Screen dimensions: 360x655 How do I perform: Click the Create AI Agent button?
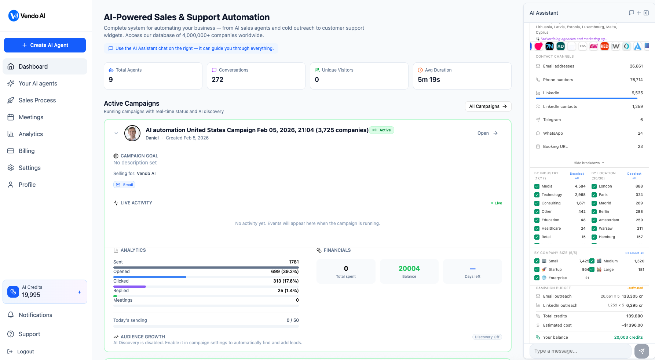(x=45, y=45)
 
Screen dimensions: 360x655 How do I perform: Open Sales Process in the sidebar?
(x=37, y=100)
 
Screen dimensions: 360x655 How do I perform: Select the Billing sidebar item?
(x=26, y=151)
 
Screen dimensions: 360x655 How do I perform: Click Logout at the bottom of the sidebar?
(x=25, y=352)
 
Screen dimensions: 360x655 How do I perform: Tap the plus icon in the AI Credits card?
(x=79, y=292)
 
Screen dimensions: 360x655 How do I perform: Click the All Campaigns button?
(x=488, y=106)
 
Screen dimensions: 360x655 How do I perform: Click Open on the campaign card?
(x=487, y=133)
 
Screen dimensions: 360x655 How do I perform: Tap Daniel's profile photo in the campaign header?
(x=132, y=133)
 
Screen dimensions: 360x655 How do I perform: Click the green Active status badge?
(x=381, y=130)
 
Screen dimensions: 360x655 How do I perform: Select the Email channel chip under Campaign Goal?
(x=124, y=185)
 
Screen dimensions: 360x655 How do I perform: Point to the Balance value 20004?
(x=409, y=269)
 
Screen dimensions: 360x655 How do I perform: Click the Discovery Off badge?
(x=487, y=337)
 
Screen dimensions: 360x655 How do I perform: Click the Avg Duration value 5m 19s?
(x=429, y=80)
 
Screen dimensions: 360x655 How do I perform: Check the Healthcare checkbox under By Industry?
(x=537, y=229)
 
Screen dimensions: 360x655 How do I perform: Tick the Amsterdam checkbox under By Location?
(x=594, y=220)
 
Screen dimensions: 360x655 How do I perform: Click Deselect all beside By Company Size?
(x=634, y=253)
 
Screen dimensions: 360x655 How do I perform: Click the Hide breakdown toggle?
(x=588, y=163)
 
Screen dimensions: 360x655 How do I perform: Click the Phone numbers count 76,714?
(x=636, y=80)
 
